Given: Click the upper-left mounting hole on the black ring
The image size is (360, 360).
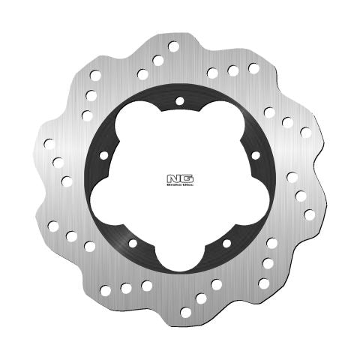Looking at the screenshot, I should [x=103, y=154].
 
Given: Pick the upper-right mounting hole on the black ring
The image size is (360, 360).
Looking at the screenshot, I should [x=256, y=155].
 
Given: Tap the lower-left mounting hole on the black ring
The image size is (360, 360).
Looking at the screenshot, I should [x=133, y=243].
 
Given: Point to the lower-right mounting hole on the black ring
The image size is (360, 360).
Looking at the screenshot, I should [x=226, y=244].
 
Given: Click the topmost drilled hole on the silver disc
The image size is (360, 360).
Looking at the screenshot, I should [x=174, y=46].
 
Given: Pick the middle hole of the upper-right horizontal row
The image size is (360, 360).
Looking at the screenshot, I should [x=233, y=70].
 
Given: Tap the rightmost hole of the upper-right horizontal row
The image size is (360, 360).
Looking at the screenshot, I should [x=253, y=68].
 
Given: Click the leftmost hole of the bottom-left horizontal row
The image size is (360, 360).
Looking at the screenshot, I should [x=105, y=290].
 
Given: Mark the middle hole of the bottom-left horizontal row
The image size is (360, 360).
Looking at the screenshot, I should [x=126, y=287].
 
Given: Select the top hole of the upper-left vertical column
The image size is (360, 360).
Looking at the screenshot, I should [x=95, y=75].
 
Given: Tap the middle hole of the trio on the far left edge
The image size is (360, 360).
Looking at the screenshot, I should [x=58, y=161].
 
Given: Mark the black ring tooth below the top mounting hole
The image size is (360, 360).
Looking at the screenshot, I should [x=180, y=117].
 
